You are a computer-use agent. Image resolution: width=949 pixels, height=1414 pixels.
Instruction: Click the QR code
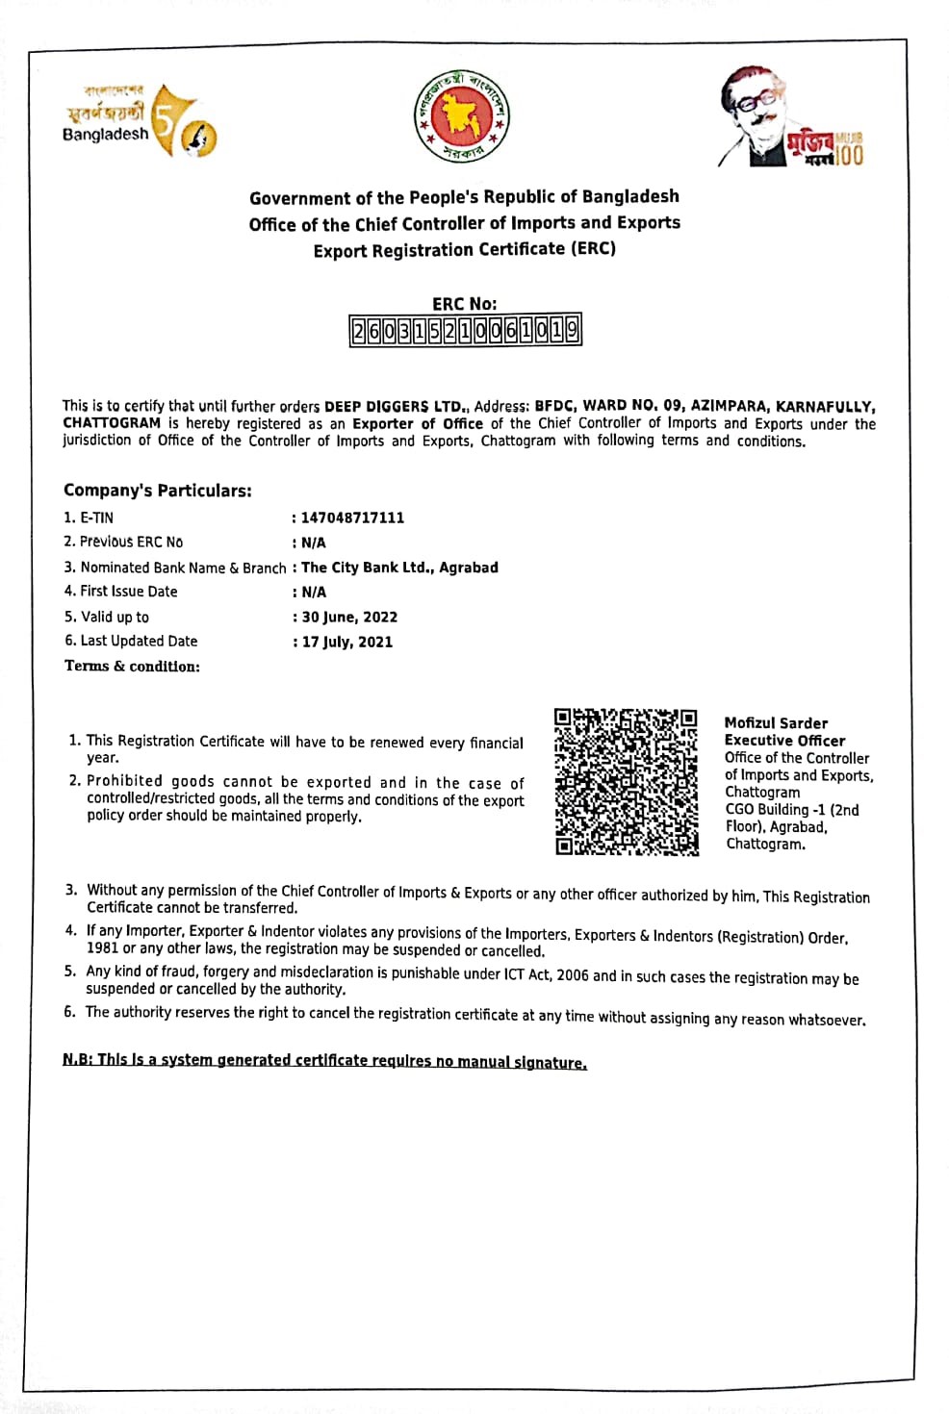pos(626,781)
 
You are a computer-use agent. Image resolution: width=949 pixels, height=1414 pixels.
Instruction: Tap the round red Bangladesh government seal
pos(462,117)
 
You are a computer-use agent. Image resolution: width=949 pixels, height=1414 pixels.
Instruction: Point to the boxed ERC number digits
pos(465,331)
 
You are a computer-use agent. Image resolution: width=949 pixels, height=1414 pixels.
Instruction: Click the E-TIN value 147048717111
pos(352,518)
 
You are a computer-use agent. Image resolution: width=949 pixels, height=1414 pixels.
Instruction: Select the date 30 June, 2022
pos(349,618)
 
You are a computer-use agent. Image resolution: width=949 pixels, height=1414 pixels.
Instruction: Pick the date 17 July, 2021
pos(347,642)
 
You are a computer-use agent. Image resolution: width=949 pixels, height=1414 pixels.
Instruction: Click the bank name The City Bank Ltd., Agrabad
pos(399,568)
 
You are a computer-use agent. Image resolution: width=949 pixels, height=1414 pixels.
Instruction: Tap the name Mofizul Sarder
pos(776,723)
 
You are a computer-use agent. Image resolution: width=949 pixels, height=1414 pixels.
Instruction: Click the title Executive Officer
pos(784,741)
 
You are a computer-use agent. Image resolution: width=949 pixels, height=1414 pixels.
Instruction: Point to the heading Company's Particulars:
pos(158,491)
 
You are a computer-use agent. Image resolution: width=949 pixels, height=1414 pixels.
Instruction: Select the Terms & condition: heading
pos(132,666)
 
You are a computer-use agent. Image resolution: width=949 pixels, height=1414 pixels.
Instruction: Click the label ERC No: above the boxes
pos(464,304)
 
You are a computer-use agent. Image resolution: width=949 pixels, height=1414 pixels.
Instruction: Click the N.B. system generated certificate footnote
pos(324,1060)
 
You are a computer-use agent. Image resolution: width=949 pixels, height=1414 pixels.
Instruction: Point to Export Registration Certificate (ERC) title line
pos(464,249)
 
